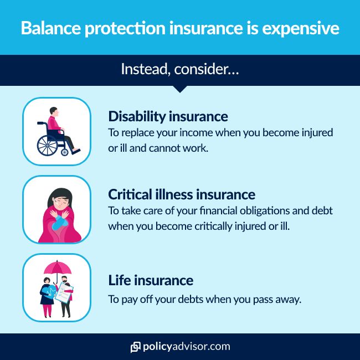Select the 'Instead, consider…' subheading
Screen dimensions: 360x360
coord(179,70)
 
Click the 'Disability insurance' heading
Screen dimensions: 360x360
coord(168,116)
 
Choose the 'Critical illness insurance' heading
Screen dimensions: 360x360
coord(182,194)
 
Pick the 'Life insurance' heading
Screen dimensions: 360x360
coord(151,280)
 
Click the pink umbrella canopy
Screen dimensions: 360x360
coord(58,268)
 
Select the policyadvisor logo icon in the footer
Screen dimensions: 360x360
coord(135,347)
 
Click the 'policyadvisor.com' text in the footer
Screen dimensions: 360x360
coord(186,347)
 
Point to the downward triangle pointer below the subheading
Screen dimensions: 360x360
coord(180,89)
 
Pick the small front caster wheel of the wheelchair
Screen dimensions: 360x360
coord(65,152)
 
